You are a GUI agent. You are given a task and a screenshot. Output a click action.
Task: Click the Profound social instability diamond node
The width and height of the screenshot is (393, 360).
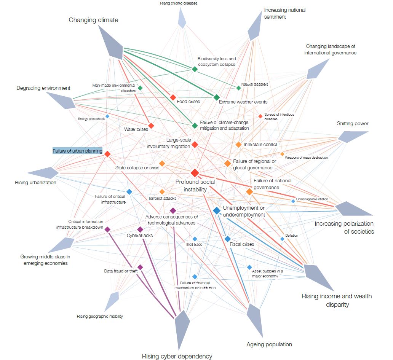click(195, 173)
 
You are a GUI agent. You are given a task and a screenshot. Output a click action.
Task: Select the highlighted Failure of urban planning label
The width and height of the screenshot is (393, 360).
click(78, 151)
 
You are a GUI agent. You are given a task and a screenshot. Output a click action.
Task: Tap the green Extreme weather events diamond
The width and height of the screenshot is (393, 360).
click(216, 97)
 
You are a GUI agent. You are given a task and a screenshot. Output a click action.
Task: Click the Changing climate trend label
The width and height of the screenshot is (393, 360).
click(93, 20)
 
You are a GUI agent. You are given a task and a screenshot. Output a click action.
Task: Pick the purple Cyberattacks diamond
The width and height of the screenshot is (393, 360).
click(140, 229)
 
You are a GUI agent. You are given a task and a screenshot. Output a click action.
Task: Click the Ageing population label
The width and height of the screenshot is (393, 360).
click(269, 344)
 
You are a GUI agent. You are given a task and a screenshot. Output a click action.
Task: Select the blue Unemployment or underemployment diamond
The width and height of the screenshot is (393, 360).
click(217, 210)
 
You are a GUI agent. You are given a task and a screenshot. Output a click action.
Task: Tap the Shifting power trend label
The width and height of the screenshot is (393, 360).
click(353, 124)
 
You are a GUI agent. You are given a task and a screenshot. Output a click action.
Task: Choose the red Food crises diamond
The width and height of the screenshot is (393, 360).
click(173, 97)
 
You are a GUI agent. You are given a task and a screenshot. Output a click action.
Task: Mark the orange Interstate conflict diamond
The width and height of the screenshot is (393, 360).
click(238, 145)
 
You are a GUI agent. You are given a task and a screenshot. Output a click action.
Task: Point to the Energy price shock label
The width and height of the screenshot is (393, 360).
click(91, 119)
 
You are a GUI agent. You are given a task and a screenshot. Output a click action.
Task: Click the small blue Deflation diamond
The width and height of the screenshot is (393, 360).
click(282, 239)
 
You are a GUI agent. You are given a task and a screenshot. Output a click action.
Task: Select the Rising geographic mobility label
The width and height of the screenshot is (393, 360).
click(100, 316)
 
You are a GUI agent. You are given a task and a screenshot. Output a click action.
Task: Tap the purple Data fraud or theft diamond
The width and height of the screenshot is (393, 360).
click(140, 267)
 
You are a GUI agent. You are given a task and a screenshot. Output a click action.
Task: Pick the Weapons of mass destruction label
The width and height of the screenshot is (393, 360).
click(306, 158)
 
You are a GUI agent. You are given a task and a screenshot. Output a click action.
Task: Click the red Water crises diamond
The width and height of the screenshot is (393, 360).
click(151, 126)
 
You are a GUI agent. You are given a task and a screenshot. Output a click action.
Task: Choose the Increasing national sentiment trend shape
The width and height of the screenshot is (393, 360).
click(255, 28)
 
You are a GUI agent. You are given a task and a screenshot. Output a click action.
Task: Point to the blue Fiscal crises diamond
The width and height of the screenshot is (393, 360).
click(227, 239)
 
